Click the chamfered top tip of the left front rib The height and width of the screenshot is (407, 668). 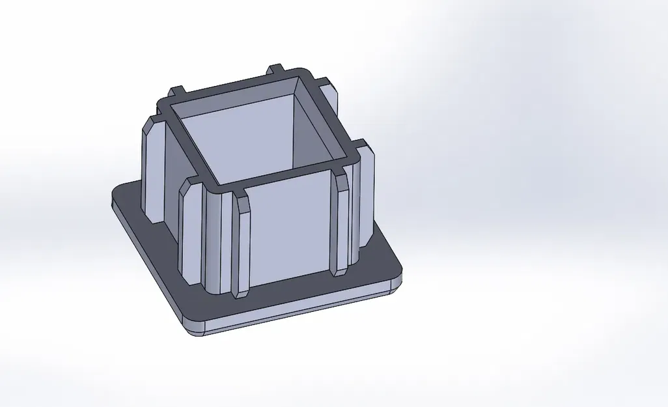(x=240, y=198)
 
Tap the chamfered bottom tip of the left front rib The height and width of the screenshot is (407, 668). (x=240, y=293)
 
